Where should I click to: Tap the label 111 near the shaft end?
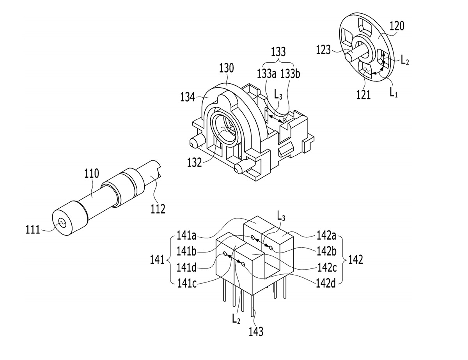click(33, 230)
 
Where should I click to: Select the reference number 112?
click(158, 209)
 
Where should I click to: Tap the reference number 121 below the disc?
click(363, 95)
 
